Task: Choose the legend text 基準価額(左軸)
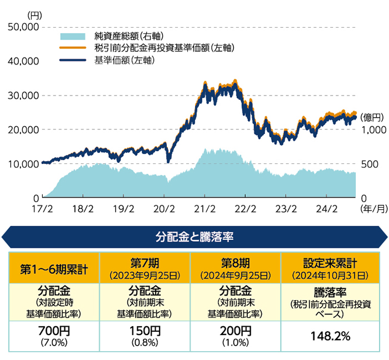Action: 124,60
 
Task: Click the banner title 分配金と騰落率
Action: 194,237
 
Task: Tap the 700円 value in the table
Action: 54,331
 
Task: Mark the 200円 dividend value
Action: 236,331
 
